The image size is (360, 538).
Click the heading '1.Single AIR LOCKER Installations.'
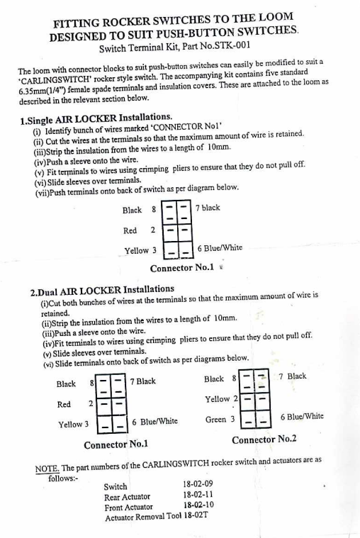[96, 118]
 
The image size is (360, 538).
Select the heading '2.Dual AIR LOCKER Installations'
[102, 291]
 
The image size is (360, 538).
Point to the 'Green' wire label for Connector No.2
[215, 420]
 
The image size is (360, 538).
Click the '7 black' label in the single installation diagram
[208, 208]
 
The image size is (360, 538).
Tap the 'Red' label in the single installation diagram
[130, 230]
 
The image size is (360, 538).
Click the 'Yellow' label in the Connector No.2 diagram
[218, 399]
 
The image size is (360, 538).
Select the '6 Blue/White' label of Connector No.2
[302, 417]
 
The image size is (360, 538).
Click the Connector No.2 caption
[264, 439]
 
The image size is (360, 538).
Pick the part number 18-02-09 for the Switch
[198, 484]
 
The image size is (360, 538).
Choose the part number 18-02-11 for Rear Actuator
[198, 495]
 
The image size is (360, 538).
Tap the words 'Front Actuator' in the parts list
[129, 508]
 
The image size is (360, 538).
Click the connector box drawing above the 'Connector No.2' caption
[255, 398]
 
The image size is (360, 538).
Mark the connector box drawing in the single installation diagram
[177, 229]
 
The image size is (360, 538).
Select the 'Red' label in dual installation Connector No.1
[64, 405]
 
